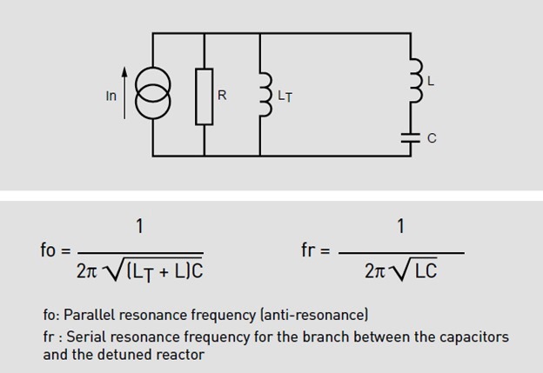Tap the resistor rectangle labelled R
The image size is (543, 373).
(x=204, y=96)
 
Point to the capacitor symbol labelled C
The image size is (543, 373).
(x=410, y=136)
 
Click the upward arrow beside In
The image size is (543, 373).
(x=126, y=94)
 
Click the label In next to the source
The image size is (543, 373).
(x=111, y=96)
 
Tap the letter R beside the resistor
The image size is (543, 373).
(x=222, y=95)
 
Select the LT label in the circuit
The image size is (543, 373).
(x=285, y=97)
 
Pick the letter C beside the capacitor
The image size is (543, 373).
(x=432, y=138)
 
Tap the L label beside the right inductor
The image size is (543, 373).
(x=431, y=80)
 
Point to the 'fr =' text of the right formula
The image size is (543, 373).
(x=316, y=250)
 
